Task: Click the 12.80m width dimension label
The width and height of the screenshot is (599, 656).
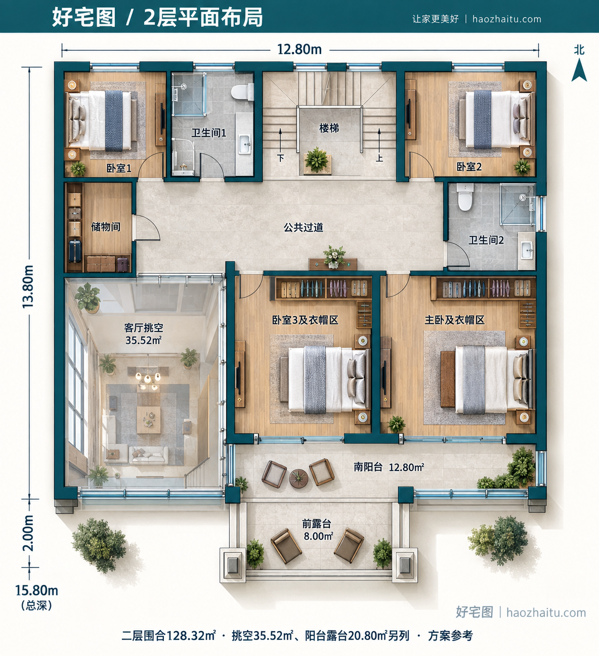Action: [299, 49]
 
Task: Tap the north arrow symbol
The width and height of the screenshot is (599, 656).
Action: [579, 69]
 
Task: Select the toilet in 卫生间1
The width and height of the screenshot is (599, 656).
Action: [242, 92]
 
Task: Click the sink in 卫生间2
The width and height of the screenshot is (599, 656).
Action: [527, 250]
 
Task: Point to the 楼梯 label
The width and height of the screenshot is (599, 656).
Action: [329, 128]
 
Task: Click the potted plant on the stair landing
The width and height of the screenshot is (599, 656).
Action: [316, 160]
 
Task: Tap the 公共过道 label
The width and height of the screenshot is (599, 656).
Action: [303, 227]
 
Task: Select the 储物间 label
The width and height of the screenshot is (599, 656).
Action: [105, 226]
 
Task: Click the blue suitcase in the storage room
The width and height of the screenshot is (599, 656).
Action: [75, 251]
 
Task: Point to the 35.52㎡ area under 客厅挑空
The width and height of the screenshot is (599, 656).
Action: [143, 340]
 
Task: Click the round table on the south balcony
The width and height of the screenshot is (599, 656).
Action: [299, 478]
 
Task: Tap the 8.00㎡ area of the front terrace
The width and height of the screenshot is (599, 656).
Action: [318, 536]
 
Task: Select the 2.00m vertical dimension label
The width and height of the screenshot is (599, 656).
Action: [28, 533]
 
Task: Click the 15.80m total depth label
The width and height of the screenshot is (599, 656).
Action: [36, 590]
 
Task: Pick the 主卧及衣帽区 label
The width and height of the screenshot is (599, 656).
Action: [454, 320]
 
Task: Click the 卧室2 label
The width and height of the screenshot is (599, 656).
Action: [469, 167]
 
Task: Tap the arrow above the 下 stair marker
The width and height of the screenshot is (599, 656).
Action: [280, 139]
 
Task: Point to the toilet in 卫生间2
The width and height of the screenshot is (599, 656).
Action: [465, 197]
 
